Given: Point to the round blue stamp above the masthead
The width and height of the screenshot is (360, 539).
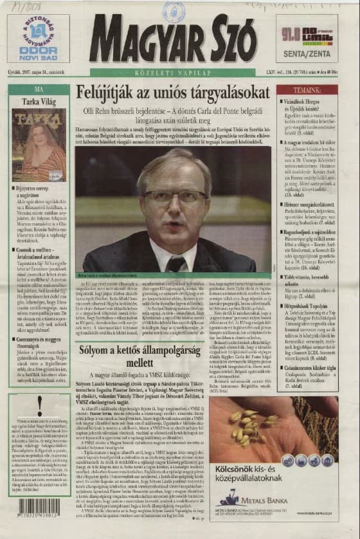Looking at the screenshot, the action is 174,12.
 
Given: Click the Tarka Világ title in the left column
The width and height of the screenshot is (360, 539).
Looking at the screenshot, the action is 39,102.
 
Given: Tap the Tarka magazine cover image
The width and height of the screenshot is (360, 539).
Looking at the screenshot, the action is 39,145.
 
